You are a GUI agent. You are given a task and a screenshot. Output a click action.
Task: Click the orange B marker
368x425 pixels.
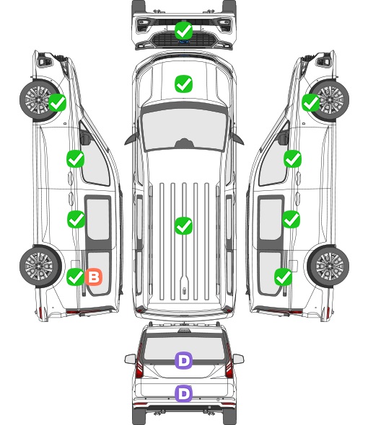click(x=94, y=277)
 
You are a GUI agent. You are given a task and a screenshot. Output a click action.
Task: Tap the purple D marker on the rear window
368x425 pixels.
click(x=184, y=360)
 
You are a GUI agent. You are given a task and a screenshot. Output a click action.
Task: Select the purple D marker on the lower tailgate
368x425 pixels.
click(x=184, y=393)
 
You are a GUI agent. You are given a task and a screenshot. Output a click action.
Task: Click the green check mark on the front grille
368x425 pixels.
click(x=184, y=31)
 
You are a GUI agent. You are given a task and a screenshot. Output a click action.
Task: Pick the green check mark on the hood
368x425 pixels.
click(x=184, y=84)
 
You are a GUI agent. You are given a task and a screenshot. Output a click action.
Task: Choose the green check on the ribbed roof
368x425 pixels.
click(x=184, y=225)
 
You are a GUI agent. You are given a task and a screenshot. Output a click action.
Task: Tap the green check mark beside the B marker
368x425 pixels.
click(x=76, y=277)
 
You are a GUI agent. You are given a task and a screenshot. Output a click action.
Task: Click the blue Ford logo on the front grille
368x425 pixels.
click(x=184, y=42)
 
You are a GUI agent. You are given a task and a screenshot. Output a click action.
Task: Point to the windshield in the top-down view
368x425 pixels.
click(x=184, y=127)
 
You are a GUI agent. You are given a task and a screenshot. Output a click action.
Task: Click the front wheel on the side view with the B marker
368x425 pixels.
click(x=40, y=99)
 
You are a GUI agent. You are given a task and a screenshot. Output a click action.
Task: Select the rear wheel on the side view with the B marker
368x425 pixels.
click(x=40, y=267)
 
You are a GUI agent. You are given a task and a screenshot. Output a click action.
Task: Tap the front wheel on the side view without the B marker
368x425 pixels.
click(x=330, y=99)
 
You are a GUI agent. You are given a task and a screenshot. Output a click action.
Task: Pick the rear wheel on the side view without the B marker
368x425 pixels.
click(x=328, y=267)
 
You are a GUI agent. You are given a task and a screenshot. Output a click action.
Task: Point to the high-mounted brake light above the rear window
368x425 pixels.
click(x=184, y=331)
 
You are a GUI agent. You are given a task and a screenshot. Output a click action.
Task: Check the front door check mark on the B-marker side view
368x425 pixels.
click(x=76, y=158)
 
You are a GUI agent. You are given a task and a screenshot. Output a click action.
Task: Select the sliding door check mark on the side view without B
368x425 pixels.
click(x=292, y=219)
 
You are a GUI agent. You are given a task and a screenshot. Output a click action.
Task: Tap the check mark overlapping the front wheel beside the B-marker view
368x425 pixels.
click(x=57, y=103)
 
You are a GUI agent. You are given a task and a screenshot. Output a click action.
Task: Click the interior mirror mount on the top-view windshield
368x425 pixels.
click(x=184, y=143)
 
